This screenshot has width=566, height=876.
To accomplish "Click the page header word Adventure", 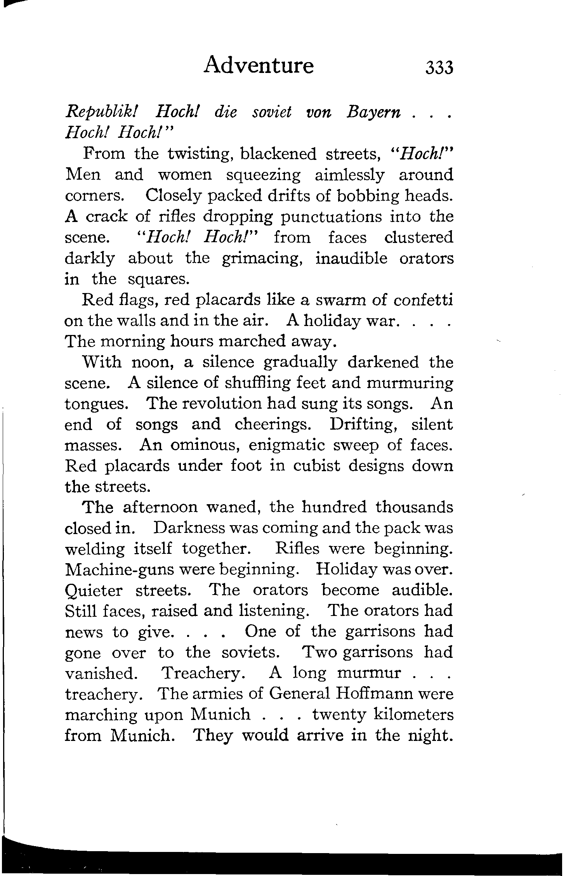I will pyautogui.click(x=259, y=65).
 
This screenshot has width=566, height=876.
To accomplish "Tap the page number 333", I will pyautogui.click(x=439, y=68).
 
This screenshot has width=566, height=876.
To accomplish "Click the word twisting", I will pyautogui.click(x=200, y=154).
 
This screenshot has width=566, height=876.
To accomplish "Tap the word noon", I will pyautogui.click(x=153, y=363).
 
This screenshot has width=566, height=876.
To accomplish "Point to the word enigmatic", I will pyautogui.click(x=286, y=445).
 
